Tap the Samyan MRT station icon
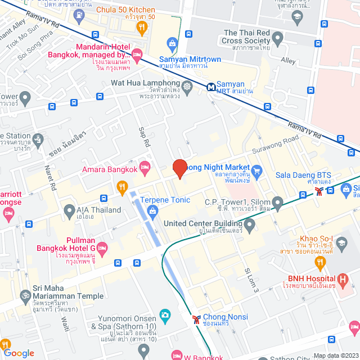[210, 87]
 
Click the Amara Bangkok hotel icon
[145, 166]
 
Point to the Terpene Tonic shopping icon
[152, 211]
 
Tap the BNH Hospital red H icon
[343, 278]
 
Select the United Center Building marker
[250, 225]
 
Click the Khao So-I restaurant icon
[321, 262]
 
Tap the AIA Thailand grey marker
[69, 211]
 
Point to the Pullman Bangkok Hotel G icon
[102, 247]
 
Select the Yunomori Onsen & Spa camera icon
[165, 314]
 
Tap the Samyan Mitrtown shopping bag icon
[172, 43]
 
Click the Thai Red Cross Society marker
[277, 38]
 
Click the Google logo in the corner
[19, 353]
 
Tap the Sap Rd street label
[145, 137]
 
